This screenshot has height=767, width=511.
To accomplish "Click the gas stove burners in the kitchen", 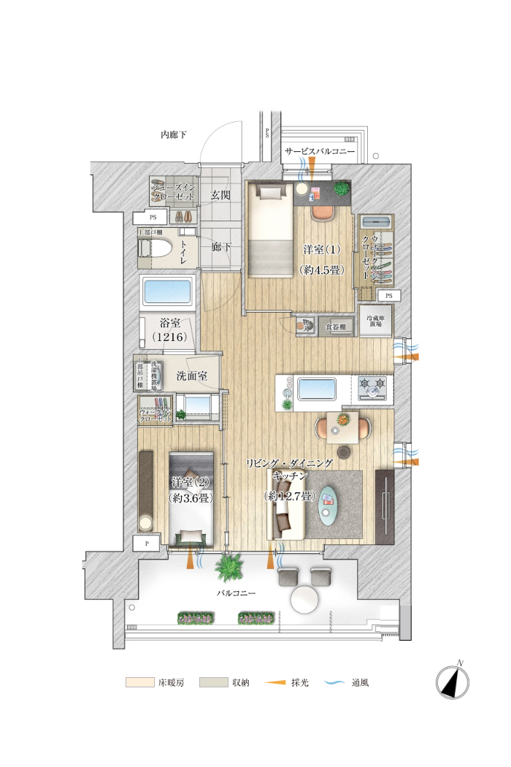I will click(374, 386).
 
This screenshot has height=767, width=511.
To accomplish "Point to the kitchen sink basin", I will click(315, 386).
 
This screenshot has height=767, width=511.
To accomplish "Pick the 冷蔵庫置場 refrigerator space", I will click(376, 320).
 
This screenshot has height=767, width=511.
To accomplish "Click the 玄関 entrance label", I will click(221, 195).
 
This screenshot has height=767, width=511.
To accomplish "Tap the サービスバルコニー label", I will click(320, 151).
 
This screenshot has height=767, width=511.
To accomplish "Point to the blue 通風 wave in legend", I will click(334, 683).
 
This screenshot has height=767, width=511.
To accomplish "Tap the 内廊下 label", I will click(174, 134).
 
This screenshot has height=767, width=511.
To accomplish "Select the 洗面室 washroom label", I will click(191, 376).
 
